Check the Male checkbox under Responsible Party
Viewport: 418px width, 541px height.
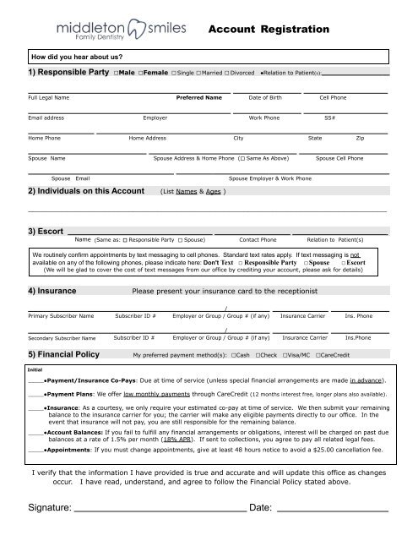coord(116,74)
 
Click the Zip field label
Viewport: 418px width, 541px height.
coord(361,137)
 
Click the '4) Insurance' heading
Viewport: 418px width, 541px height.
coord(52,291)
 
